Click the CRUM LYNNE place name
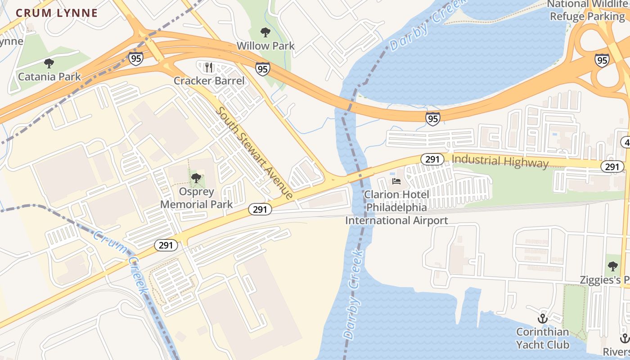(x=57, y=13)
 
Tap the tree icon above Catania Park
(x=49, y=63)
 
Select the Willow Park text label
(x=265, y=45)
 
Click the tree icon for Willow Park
(x=265, y=32)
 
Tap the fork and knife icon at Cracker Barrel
(x=208, y=67)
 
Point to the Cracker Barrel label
(x=209, y=81)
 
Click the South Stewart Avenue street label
(x=255, y=153)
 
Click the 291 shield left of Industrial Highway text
(x=432, y=159)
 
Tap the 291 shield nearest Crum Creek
(x=166, y=245)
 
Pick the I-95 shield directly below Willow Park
(x=263, y=69)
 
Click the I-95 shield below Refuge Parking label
(x=602, y=60)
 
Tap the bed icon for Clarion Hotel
(x=396, y=181)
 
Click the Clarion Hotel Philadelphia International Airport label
(x=396, y=207)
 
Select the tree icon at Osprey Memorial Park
(x=196, y=178)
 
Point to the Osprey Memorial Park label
(x=196, y=198)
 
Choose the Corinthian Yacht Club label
(x=542, y=338)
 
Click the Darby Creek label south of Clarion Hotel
(x=353, y=295)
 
